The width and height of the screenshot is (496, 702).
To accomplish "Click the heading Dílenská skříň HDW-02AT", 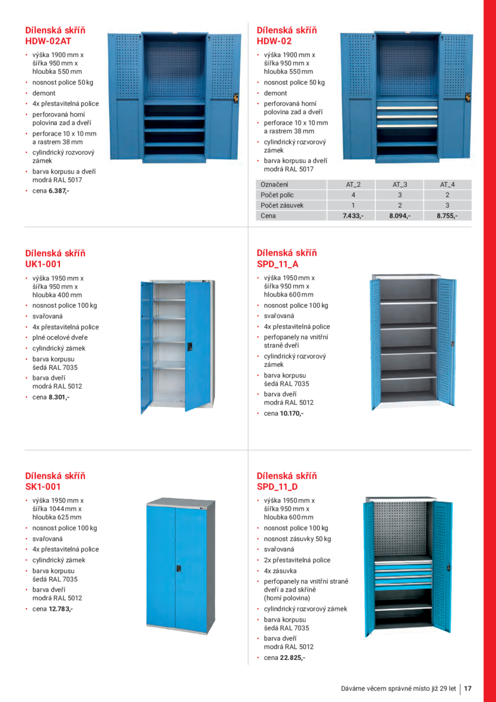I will pyautogui.click(x=55, y=35).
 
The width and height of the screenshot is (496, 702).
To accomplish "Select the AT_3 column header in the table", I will pyautogui.click(x=400, y=184).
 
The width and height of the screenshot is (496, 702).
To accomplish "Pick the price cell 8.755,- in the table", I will pyautogui.click(x=447, y=216).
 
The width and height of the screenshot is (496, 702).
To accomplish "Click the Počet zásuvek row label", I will pyautogui.click(x=282, y=206).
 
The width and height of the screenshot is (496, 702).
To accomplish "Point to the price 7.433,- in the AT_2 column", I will pyautogui.click(x=352, y=216).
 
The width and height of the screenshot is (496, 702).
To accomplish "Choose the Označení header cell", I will pyautogui.click(x=275, y=184).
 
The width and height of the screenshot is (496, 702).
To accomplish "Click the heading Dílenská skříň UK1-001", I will pyautogui.click(x=55, y=259).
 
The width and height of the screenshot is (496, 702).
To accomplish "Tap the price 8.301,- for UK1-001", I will pyautogui.click(x=59, y=397).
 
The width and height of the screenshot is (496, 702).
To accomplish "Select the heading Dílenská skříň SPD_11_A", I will pyautogui.click(x=287, y=259).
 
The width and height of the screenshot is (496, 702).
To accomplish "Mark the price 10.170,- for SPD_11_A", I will pyautogui.click(x=292, y=413).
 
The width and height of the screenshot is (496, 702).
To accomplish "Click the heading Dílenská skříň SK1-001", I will pyautogui.click(x=55, y=481).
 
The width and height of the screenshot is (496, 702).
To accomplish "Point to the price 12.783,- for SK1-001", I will pyautogui.click(x=61, y=608).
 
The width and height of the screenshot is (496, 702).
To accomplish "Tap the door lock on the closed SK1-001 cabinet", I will pyautogui.click(x=178, y=569).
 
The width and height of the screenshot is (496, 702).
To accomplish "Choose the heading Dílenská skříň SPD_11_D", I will pyautogui.click(x=287, y=481).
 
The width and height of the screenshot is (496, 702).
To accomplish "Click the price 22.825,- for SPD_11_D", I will pyautogui.click(x=292, y=658).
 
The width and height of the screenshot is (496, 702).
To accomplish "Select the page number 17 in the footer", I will pyautogui.click(x=468, y=688).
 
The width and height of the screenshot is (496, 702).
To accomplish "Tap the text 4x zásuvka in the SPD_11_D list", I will pyautogui.click(x=282, y=570).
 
